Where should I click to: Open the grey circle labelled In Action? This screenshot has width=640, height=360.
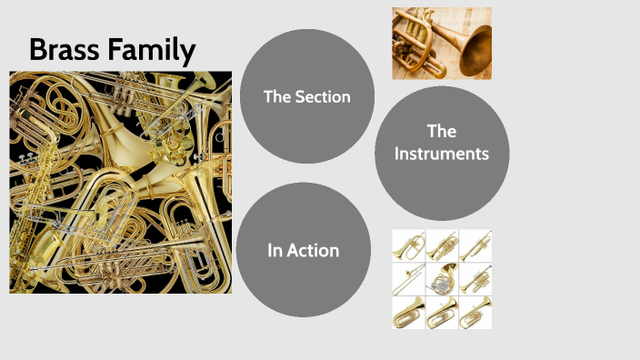(304, 249)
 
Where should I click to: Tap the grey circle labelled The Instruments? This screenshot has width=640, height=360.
(441, 153)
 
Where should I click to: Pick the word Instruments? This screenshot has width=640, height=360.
(442, 154)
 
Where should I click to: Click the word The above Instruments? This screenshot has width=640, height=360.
(441, 131)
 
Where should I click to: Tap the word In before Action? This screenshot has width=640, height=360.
(276, 250)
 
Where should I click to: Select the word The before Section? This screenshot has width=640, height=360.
(276, 96)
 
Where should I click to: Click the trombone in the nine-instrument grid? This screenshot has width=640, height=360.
(408, 278)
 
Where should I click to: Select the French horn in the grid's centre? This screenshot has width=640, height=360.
(442, 278)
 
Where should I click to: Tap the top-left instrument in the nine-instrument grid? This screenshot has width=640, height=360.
(408, 245)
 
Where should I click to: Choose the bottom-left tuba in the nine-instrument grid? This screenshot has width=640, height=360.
(408, 312)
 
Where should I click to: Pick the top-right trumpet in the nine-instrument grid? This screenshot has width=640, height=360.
(475, 245)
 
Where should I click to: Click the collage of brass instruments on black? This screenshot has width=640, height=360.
(120, 182)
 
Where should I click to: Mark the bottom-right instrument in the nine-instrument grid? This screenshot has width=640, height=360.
(475, 312)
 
